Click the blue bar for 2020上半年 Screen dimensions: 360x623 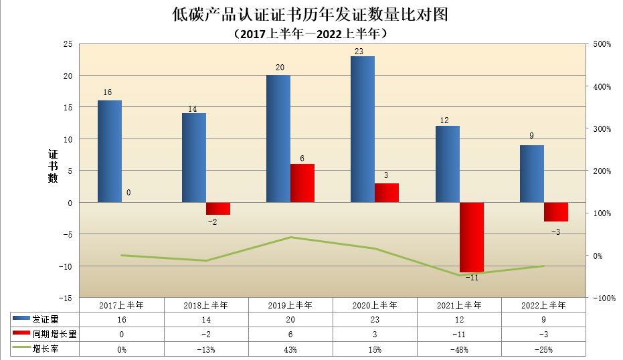(363, 129)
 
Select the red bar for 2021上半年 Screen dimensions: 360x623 (471, 237)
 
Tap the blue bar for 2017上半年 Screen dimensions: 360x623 (110, 151)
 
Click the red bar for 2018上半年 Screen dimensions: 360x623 (218, 208)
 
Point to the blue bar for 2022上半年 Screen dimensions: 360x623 (532, 173)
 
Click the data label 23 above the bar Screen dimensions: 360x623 (359, 51)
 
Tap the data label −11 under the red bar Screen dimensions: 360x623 (472, 278)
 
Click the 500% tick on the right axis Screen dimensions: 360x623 (602, 44)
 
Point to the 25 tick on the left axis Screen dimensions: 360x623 (67, 44)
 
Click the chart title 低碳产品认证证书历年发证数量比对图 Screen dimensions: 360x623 (309, 14)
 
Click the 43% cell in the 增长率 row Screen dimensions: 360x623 (290, 349)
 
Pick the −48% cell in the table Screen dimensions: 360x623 (460, 349)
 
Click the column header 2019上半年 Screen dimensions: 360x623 (290, 305)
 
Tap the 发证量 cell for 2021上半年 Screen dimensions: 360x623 (460, 320)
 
